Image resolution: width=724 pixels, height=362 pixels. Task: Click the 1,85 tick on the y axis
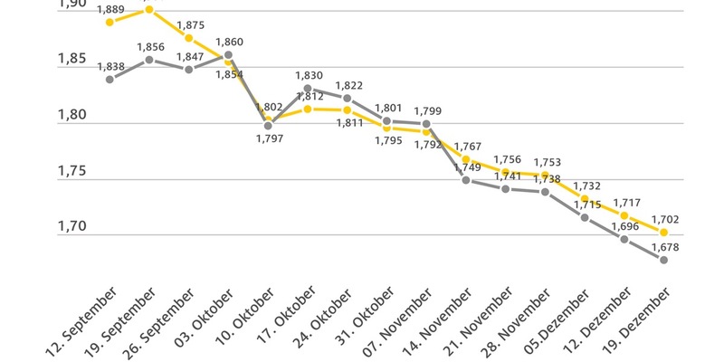[x=72, y=60]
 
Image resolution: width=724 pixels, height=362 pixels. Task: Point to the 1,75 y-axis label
[x=72, y=172]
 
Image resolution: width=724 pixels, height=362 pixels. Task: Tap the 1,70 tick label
[x=72, y=227]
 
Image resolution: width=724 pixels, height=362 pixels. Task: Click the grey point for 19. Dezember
[x=664, y=260]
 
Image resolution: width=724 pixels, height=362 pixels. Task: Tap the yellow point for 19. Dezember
[x=664, y=232]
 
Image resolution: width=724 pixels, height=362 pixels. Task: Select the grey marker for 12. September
[x=110, y=79]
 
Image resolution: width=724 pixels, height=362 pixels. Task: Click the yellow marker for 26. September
[x=188, y=38]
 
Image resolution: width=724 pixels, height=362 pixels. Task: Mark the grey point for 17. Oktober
[x=308, y=89]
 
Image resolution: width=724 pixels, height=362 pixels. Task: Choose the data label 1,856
[x=150, y=47]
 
